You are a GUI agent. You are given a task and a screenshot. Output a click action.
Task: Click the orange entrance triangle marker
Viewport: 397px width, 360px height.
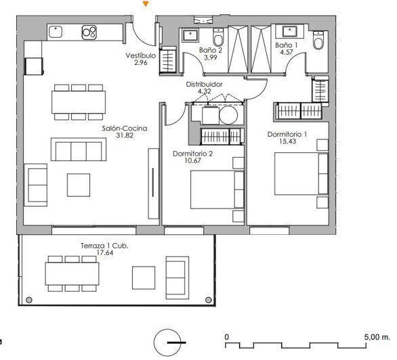pyautogui.click(x=146, y=4)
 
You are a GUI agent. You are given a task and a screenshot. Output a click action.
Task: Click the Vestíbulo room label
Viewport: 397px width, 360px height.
pyautogui.click(x=140, y=55)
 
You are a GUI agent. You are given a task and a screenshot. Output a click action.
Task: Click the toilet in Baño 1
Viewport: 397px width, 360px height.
pyautogui.click(x=318, y=43)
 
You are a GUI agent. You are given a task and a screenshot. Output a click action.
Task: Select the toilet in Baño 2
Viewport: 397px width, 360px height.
pyautogui.click(x=217, y=37)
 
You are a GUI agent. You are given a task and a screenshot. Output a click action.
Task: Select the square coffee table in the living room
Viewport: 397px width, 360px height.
pyautogui.click(x=78, y=185)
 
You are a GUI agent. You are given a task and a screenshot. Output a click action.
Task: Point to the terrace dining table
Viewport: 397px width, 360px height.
pyautogui.click(x=72, y=274)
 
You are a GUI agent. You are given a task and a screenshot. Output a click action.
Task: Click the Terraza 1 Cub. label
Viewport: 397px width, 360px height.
pyautogui.click(x=104, y=246)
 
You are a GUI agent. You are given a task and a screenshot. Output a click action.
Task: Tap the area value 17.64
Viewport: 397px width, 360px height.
pyautogui.click(x=105, y=254)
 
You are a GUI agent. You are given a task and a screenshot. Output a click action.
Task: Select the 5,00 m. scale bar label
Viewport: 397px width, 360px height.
pyautogui.click(x=377, y=336)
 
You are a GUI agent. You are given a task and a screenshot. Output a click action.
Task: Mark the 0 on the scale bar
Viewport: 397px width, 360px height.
pyautogui.click(x=227, y=336)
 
